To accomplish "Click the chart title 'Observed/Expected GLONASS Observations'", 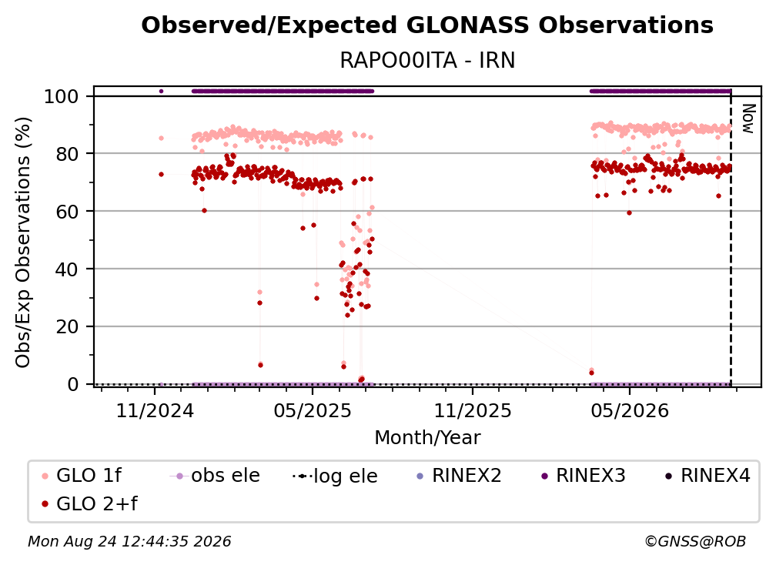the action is point(427,25).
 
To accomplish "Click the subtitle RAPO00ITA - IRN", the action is point(427,60).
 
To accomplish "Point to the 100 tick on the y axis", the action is point(62,96).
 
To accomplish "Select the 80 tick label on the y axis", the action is point(67,154).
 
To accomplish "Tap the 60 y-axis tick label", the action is point(67,212).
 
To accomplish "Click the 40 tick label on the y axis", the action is point(67,269).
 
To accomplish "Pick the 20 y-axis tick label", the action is point(67,327).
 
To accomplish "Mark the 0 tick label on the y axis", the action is point(73,384).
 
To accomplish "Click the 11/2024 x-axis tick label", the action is point(155,410).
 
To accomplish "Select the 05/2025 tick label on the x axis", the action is point(313,410).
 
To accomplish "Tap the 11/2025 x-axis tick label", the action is point(473,410).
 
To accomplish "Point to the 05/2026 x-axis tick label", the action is point(630,410).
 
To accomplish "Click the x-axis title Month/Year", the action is point(427,437).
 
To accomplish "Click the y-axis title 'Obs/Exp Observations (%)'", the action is point(23,242).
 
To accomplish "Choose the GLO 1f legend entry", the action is point(82,476).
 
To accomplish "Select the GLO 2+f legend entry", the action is point(89,503).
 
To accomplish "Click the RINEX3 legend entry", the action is point(584,476).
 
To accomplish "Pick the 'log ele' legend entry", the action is point(335,476).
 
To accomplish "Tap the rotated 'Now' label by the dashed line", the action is point(748,119).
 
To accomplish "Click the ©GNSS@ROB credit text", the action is point(695,541).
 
